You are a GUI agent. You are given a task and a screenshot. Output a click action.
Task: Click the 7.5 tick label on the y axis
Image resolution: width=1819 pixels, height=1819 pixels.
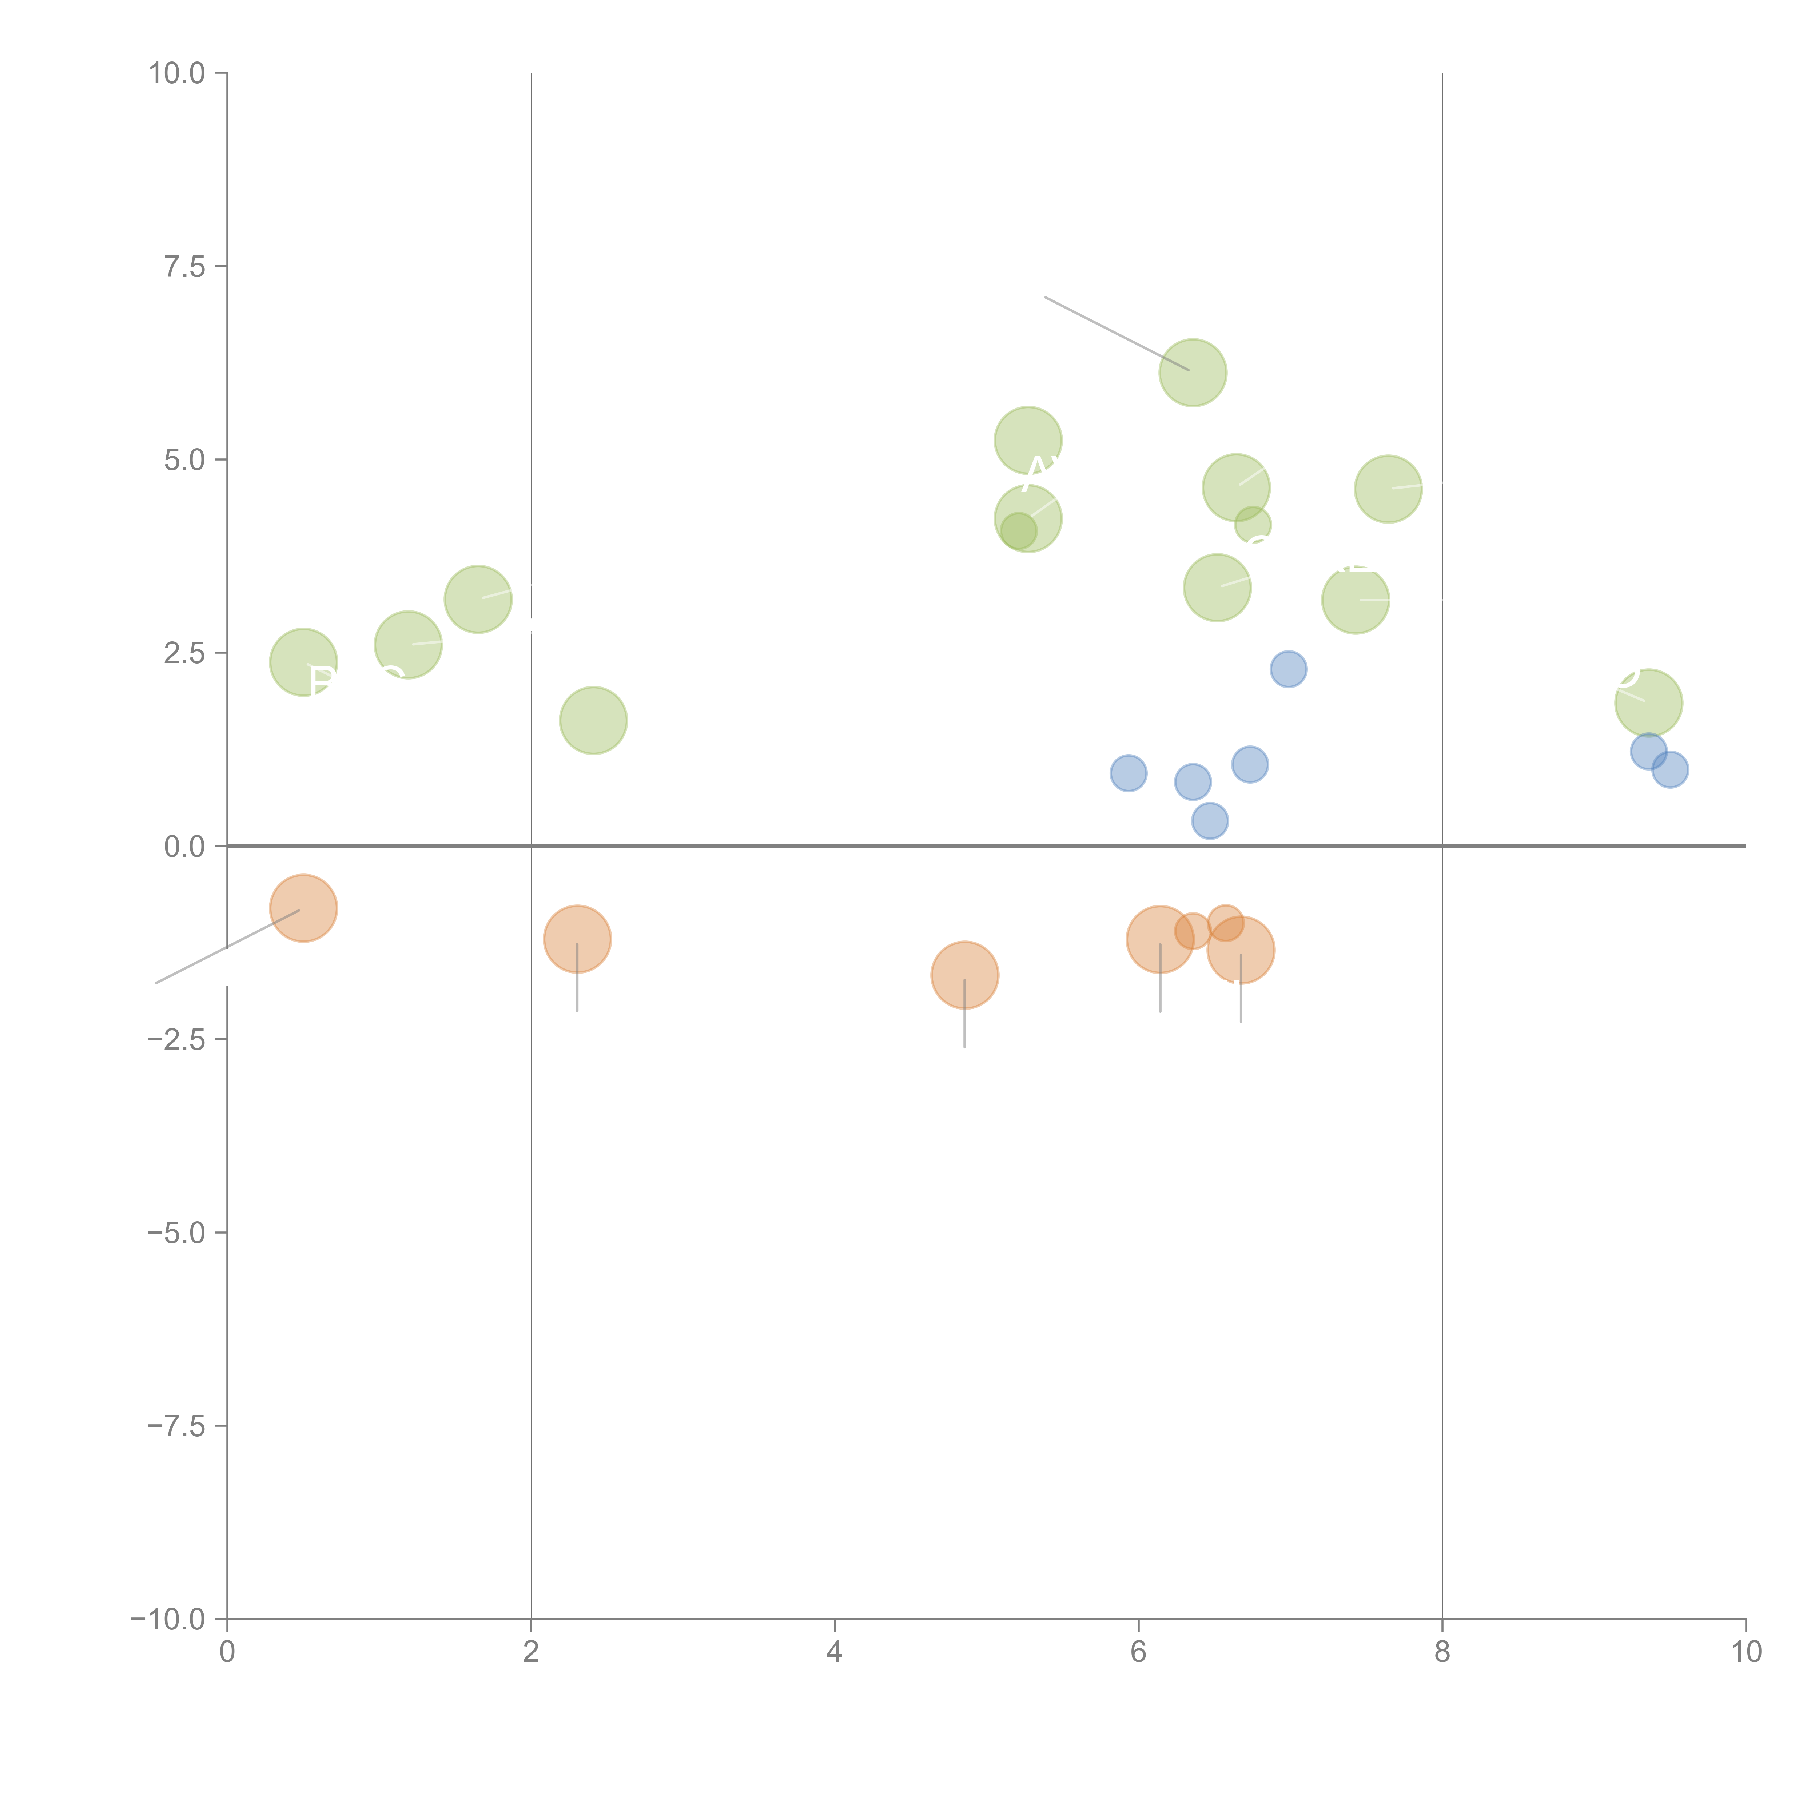pos(184,266)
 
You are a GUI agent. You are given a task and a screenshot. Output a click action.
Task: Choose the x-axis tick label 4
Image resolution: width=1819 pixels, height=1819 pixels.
pos(834,1652)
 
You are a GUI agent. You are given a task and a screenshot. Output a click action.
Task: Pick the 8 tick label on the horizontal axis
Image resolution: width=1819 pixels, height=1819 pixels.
pos(1441,1652)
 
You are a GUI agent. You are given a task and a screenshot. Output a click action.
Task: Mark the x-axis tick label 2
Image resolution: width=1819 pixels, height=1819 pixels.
pos(531,1652)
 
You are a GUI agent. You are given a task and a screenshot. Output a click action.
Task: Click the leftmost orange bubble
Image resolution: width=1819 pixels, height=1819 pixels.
pos(303,908)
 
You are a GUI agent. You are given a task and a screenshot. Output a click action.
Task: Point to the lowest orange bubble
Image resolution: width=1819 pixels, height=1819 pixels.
pos(964,975)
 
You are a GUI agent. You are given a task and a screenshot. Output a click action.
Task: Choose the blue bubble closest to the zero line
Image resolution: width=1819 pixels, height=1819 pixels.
pos(1210,821)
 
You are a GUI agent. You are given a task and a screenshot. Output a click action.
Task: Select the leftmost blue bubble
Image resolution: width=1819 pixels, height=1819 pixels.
pos(1128,773)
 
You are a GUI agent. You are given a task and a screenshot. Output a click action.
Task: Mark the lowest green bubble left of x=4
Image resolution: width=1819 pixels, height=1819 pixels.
pos(593,720)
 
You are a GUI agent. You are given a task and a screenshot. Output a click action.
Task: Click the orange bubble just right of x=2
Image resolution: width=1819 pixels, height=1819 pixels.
pos(577,939)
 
